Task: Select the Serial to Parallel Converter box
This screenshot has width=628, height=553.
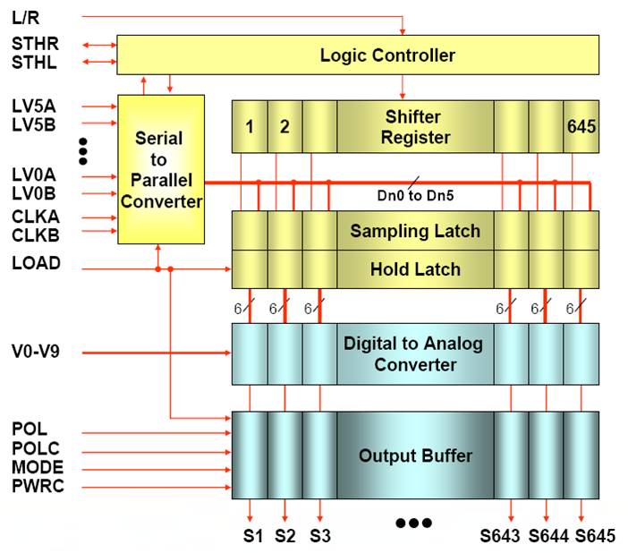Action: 161,170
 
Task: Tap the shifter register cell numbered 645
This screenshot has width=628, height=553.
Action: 581,126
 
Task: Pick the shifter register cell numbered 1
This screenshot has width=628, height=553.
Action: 250,126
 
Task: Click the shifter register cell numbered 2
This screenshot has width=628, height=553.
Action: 284,126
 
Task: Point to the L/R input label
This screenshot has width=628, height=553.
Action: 26,17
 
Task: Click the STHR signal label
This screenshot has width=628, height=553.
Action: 33,44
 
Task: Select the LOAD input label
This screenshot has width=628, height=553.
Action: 36,263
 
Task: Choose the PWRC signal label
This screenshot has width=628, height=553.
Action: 38,487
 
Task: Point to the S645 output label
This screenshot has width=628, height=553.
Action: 595,537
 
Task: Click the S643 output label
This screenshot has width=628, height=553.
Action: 502,537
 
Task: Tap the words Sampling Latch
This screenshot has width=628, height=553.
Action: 414,231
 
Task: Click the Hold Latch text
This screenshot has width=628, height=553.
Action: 415,268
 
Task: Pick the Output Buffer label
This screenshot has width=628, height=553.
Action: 415,455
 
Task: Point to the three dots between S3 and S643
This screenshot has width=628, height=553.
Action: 414,523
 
